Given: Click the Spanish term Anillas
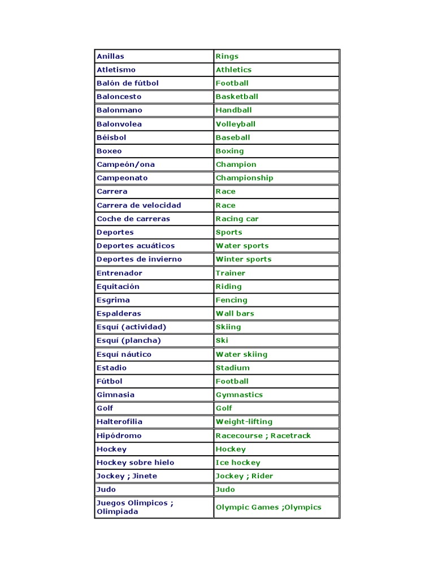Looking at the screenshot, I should click(110, 56).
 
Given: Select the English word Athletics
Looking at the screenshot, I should click(233, 70).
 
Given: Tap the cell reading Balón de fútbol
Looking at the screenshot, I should click(128, 83).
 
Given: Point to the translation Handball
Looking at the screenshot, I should click(233, 110).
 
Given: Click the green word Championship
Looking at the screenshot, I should click(244, 178).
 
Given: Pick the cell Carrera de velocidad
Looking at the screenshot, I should click(139, 205).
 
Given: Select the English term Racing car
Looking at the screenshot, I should click(237, 219).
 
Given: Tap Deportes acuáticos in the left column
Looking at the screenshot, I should click(136, 246).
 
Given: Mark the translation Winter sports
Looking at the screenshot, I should click(243, 260).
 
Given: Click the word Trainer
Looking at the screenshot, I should click(230, 273).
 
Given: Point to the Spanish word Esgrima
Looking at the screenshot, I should click(113, 300).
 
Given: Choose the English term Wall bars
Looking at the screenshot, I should click(235, 313).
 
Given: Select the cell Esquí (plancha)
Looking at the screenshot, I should click(129, 340).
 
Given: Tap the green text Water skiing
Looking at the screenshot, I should click(241, 355).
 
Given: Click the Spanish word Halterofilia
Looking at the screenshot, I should click(119, 422).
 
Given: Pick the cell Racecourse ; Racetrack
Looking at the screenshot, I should click(263, 435).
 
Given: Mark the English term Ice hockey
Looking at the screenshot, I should click(238, 463).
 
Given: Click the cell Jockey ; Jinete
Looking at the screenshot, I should click(127, 476).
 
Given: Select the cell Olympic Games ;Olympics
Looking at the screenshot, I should click(268, 507).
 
